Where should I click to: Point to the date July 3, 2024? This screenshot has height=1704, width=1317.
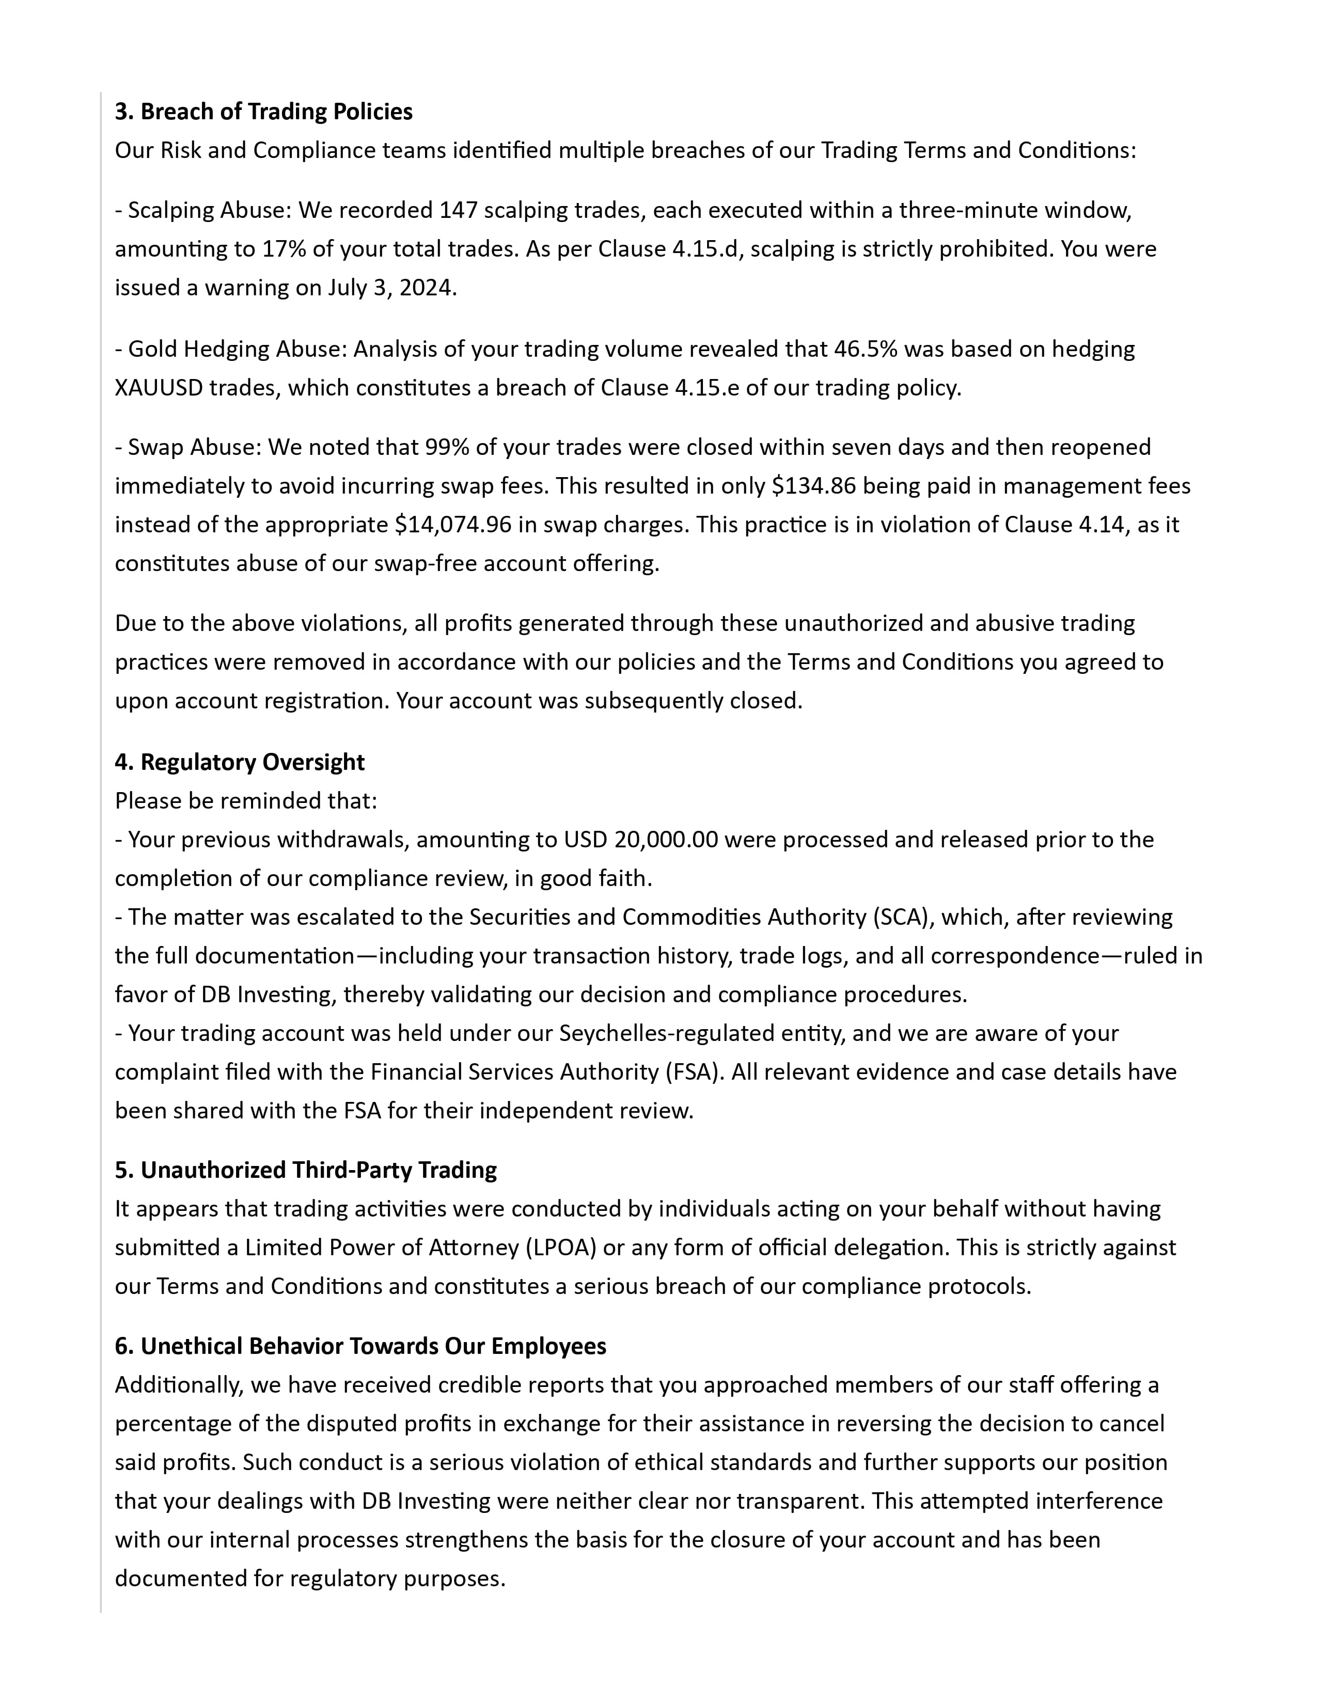[391, 288]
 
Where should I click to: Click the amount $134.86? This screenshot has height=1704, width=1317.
[814, 485]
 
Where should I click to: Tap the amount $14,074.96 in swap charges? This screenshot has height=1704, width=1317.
[453, 524]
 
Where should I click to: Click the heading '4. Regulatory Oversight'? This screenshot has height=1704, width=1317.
[240, 762]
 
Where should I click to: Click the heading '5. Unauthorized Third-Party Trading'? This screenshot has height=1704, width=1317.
[306, 1170]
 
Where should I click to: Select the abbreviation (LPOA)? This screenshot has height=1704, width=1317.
[560, 1247]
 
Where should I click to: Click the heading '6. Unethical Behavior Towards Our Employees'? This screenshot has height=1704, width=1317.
[360, 1346]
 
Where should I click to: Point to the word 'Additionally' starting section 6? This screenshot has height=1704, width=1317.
[178, 1385]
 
